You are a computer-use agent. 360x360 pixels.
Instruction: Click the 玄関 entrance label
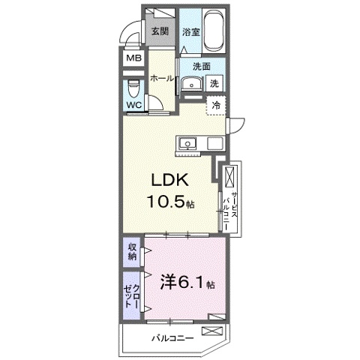coord(158,31)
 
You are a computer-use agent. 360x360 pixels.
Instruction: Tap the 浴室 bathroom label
coord(190,32)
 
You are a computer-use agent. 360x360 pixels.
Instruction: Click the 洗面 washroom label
coord(202,65)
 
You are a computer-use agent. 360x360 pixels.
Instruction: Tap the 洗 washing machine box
coord(214,83)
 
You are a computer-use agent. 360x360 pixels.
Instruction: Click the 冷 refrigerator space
coord(216,106)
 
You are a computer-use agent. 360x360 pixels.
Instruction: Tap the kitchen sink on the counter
coord(187,142)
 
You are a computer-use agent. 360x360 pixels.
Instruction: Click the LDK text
coord(175,183)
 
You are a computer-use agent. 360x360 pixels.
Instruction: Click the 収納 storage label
coord(132,252)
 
